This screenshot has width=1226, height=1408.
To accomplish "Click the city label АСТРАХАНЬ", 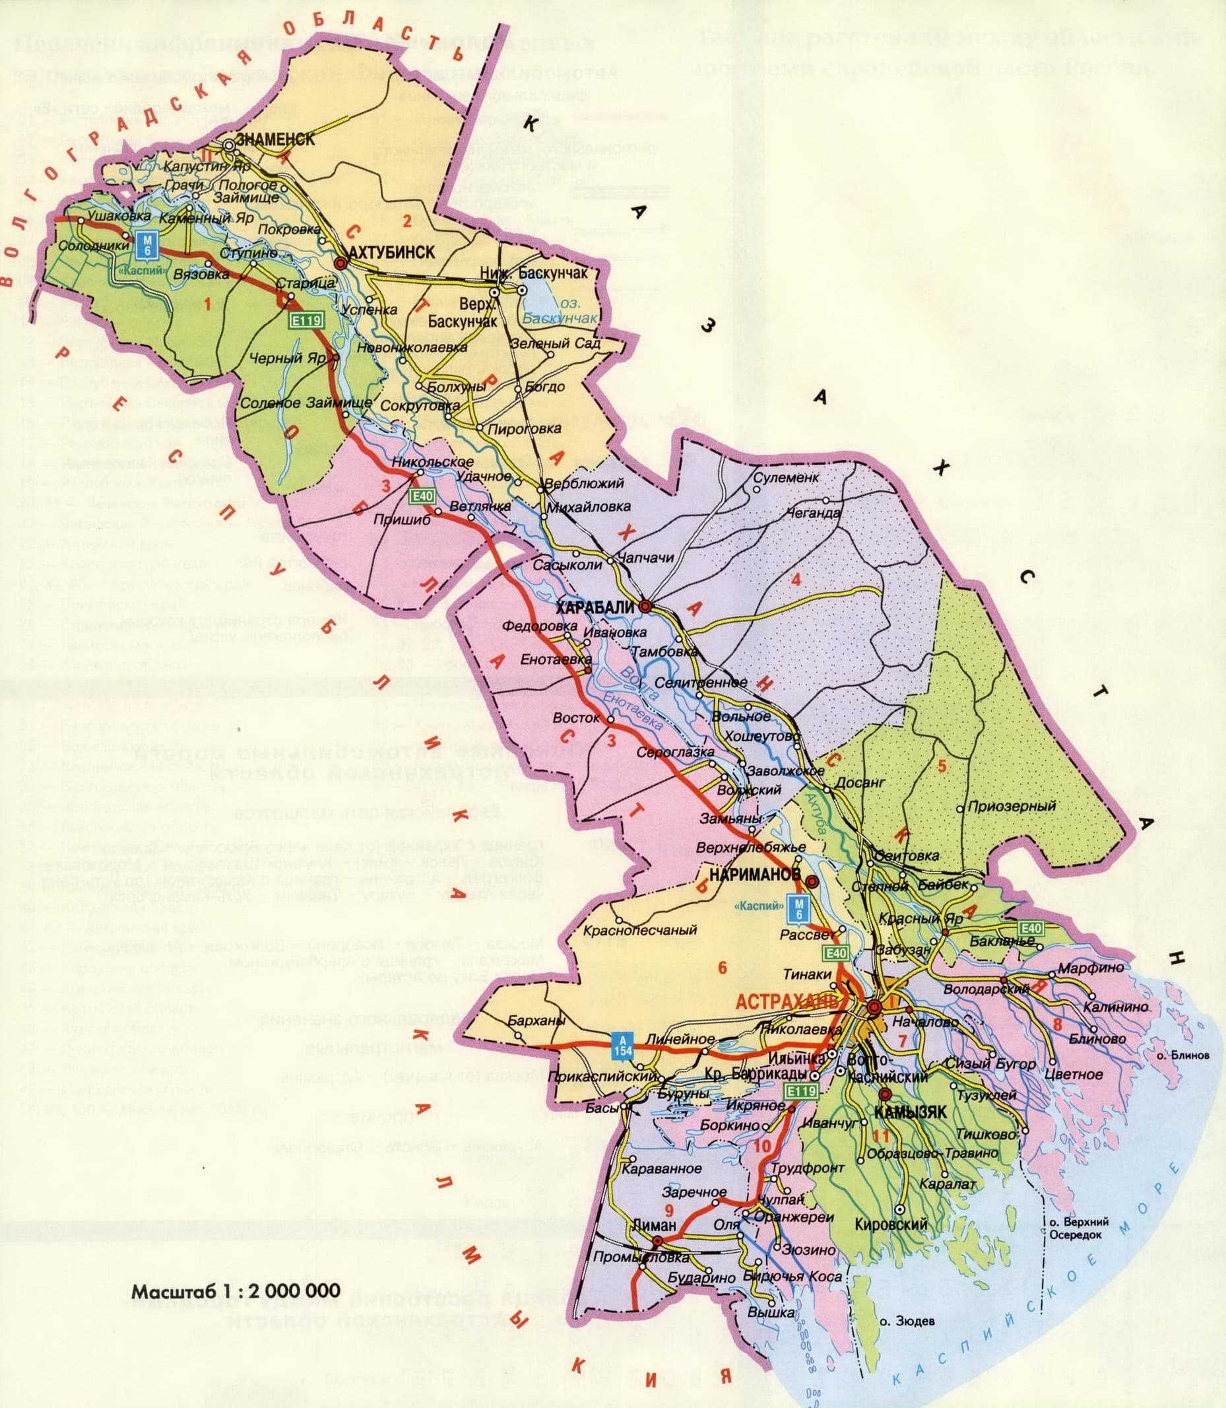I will click(x=787, y=1001).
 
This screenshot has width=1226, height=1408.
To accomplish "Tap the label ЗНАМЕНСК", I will click(x=275, y=139).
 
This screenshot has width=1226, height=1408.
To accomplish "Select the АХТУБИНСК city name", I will click(x=391, y=253).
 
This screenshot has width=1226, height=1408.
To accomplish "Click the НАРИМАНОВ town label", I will click(x=755, y=875).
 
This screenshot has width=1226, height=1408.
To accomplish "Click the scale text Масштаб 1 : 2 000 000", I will click(x=236, y=1291).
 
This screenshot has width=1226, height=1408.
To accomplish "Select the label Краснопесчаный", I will click(x=639, y=930).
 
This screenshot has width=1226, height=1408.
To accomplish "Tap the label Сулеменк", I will click(x=785, y=477).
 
